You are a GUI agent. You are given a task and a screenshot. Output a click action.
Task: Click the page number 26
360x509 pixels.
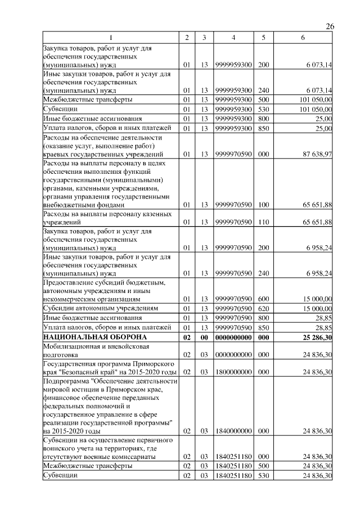coord(330,26)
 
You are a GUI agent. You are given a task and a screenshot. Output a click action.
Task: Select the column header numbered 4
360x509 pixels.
coord(233,38)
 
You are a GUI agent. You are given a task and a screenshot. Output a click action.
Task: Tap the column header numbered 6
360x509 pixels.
coord(303,38)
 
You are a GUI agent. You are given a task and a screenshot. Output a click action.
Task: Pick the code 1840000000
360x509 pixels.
coord(233,431)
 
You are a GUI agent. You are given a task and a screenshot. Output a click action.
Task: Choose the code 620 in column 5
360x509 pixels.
coord(262,308)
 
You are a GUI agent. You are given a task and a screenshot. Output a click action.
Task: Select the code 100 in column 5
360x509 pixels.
coord(262,205)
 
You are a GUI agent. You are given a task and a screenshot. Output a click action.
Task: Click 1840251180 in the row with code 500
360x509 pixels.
coord(233,466)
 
